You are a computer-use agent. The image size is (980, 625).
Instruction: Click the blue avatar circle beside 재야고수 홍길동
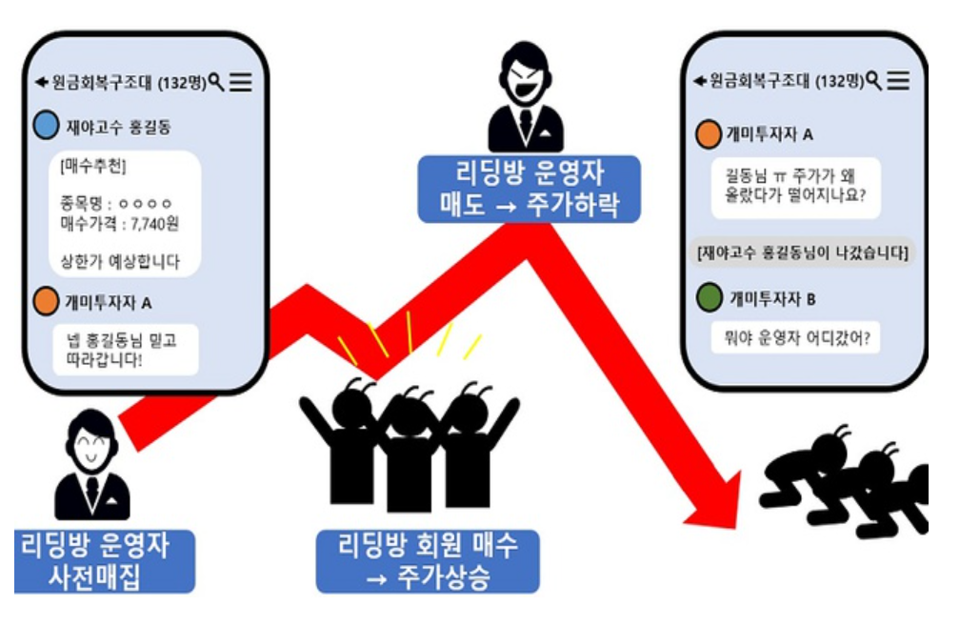[x=45, y=125]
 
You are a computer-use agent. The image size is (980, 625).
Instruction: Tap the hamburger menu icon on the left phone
[x=240, y=83]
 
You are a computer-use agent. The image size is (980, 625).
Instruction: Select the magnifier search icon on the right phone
[x=874, y=80]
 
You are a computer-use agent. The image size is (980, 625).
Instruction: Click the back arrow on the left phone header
[x=41, y=83]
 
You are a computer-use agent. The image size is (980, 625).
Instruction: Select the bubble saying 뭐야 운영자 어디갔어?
[x=795, y=337]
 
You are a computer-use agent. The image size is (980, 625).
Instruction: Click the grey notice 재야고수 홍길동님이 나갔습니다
[x=804, y=252]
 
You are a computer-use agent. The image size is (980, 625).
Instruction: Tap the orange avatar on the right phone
[x=709, y=134]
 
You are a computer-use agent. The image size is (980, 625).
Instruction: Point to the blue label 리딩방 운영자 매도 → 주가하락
[x=529, y=190]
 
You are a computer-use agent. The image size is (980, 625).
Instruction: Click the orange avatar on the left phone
[x=45, y=302]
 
